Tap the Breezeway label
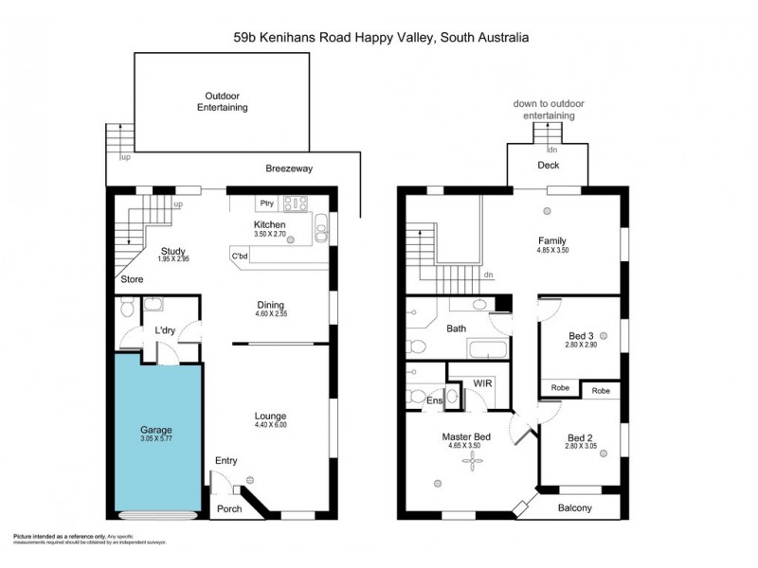tap(288, 169)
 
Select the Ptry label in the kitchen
tap(267, 202)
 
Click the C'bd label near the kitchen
tap(241, 255)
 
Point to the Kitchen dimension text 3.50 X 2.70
tap(270, 234)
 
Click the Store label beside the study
tap(132, 279)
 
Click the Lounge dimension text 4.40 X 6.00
tap(270, 425)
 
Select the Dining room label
tap(270, 304)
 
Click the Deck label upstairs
tap(549, 165)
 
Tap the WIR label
tap(480, 382)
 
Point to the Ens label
tap(435, 401)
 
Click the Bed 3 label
tap(581, 336)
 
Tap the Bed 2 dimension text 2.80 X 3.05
tap(581, 448)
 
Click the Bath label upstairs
tap(455, 328)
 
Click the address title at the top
tap(381, 38)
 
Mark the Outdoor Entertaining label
tap(222, 101)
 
